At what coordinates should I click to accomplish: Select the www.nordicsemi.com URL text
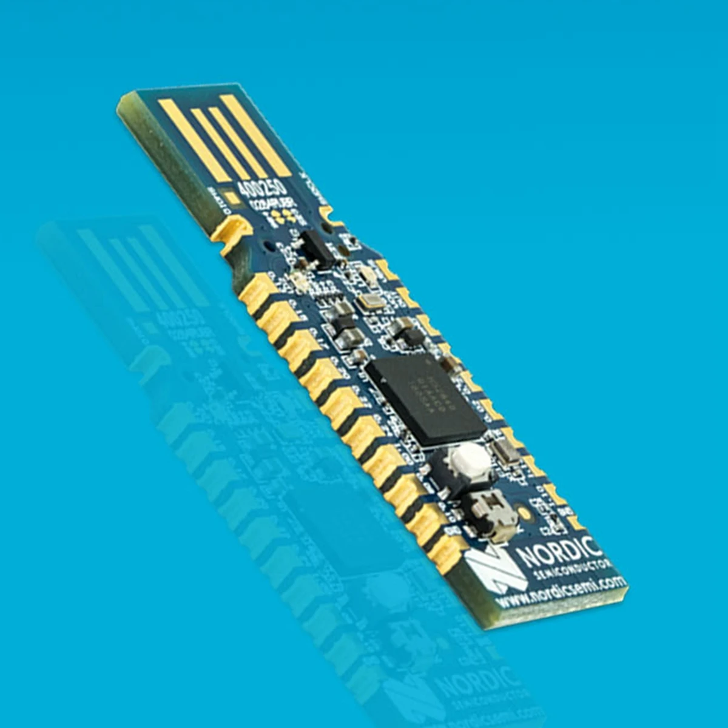pyautogui.click(x=561, y=591)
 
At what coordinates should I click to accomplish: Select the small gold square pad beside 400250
pyautogui.click(x=231, y=197)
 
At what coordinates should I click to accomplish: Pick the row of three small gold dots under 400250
pyautogui.click(x=283, y=216)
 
